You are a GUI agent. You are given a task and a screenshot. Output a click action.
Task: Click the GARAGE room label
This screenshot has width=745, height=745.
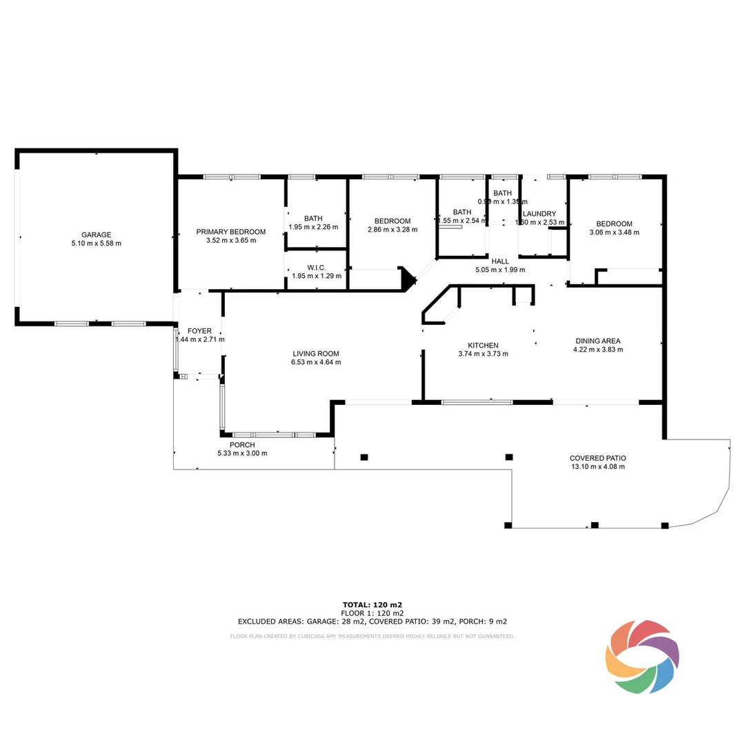(96, 235)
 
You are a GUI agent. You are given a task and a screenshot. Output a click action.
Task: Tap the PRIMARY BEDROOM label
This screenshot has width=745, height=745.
(230, 232)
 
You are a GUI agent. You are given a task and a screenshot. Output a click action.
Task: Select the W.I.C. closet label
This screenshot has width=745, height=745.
(313, 266)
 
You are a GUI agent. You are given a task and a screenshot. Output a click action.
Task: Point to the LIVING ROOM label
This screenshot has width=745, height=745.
(316, 353)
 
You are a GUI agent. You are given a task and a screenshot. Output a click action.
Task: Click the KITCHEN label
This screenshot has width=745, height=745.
(483, 346)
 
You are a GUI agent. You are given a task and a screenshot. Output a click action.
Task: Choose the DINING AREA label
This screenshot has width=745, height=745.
(597, 341)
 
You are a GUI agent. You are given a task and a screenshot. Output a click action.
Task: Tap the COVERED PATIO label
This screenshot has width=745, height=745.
(597, 458)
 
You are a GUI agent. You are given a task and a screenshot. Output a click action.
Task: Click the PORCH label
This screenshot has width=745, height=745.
(242, 445)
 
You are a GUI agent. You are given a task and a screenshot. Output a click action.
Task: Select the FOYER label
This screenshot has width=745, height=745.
(199, 331)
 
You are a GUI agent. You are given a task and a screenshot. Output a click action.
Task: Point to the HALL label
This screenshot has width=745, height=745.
(500, 261)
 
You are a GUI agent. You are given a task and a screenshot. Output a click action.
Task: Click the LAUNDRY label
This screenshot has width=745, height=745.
(539, 214)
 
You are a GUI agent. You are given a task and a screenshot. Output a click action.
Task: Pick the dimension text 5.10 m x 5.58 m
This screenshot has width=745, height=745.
(96, 244)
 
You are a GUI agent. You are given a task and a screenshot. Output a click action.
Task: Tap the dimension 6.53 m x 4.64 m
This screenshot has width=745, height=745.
(316, 362)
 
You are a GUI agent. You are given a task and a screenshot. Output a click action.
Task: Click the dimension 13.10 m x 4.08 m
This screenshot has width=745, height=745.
(597, 467)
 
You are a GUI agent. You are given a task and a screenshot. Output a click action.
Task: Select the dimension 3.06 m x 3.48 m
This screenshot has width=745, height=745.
(614, 232)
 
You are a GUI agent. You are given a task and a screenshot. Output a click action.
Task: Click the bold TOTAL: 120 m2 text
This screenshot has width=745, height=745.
(372, 605)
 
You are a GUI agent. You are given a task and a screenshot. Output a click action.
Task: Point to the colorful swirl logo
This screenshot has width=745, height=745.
(642, 656)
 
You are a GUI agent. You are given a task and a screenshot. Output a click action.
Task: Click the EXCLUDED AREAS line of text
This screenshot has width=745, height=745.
(372, 621)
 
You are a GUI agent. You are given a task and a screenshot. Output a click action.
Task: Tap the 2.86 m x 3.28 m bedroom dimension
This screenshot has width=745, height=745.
(392, 230)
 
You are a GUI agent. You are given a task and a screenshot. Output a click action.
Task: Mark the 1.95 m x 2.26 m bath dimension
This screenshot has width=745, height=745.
(313, 227)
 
